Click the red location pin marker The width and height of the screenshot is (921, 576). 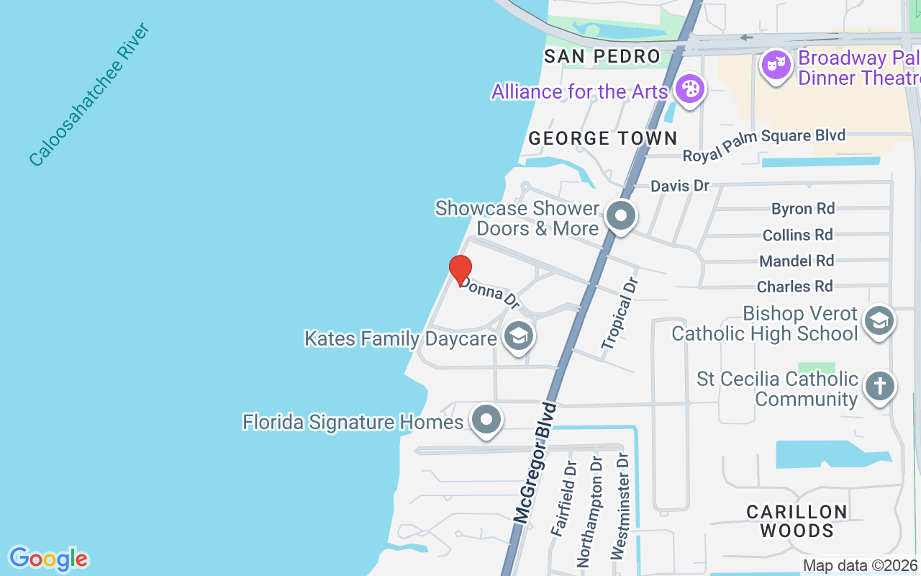click(460, 270)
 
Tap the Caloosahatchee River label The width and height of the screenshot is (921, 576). click(89, 94)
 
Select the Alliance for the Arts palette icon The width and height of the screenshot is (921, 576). click(690, 90)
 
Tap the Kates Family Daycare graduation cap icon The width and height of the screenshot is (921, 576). click(518, 336)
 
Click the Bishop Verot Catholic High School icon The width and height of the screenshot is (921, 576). click(879, 321)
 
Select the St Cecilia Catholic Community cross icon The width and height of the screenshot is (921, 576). click(879, 387)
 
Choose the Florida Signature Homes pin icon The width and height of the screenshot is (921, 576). click(486, 419)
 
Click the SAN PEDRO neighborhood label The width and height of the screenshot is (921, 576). click(602, 56)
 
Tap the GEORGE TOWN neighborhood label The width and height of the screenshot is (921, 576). click(603, 138)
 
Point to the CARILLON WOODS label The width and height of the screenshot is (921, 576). click(797, 521)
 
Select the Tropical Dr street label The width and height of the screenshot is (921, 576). click(620, 313)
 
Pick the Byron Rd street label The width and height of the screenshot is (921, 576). click(803, 209)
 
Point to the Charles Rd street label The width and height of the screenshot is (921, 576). click(794, 287)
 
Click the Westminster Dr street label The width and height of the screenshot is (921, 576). click(620, 506)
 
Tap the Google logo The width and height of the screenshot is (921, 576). click(49, 559)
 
